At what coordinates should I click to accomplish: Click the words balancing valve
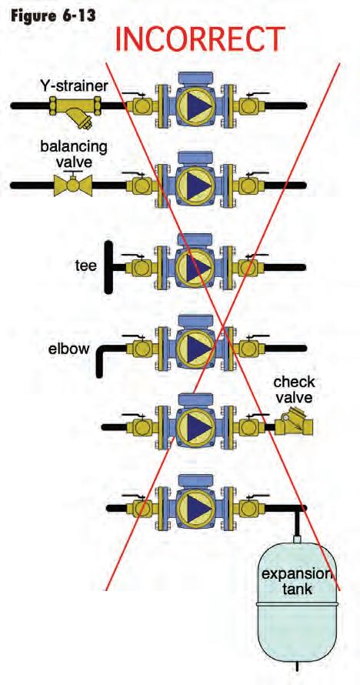tap(73, 153)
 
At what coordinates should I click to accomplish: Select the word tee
tap(85, 266)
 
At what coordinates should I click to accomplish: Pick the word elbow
tap(69, 349)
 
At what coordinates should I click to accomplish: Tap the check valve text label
tap(294, 390)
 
